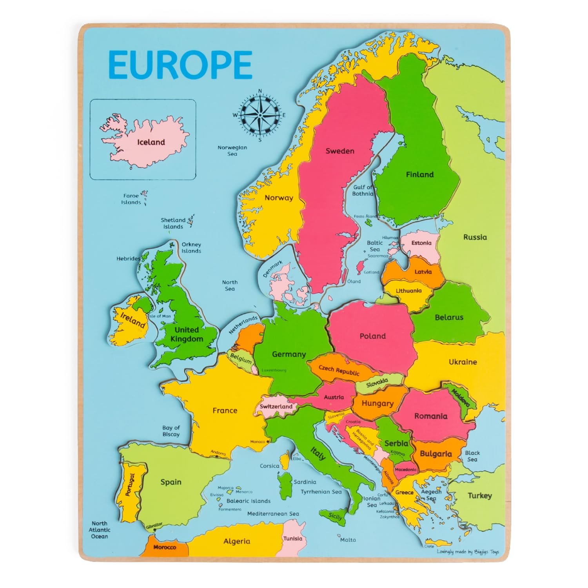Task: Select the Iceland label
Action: [x=151, y=142]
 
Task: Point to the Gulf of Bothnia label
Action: [x=363, y=191]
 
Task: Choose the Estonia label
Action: [x=421, y=243]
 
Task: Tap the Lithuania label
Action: [x=408, y=291]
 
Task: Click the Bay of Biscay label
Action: [x=171, y=431]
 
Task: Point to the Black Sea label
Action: [x=472, y=456]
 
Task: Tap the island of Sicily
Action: [x=335, y=517]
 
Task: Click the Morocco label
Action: [x=165, y=547]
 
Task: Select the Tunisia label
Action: [x=293, y=539]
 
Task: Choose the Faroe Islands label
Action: [x=131, y=199]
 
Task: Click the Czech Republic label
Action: [x=339, y=370]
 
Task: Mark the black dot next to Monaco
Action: [x=268, y=442]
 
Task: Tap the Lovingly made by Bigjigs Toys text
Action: [x=468, y=552]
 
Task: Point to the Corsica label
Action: [x=270, y=466]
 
